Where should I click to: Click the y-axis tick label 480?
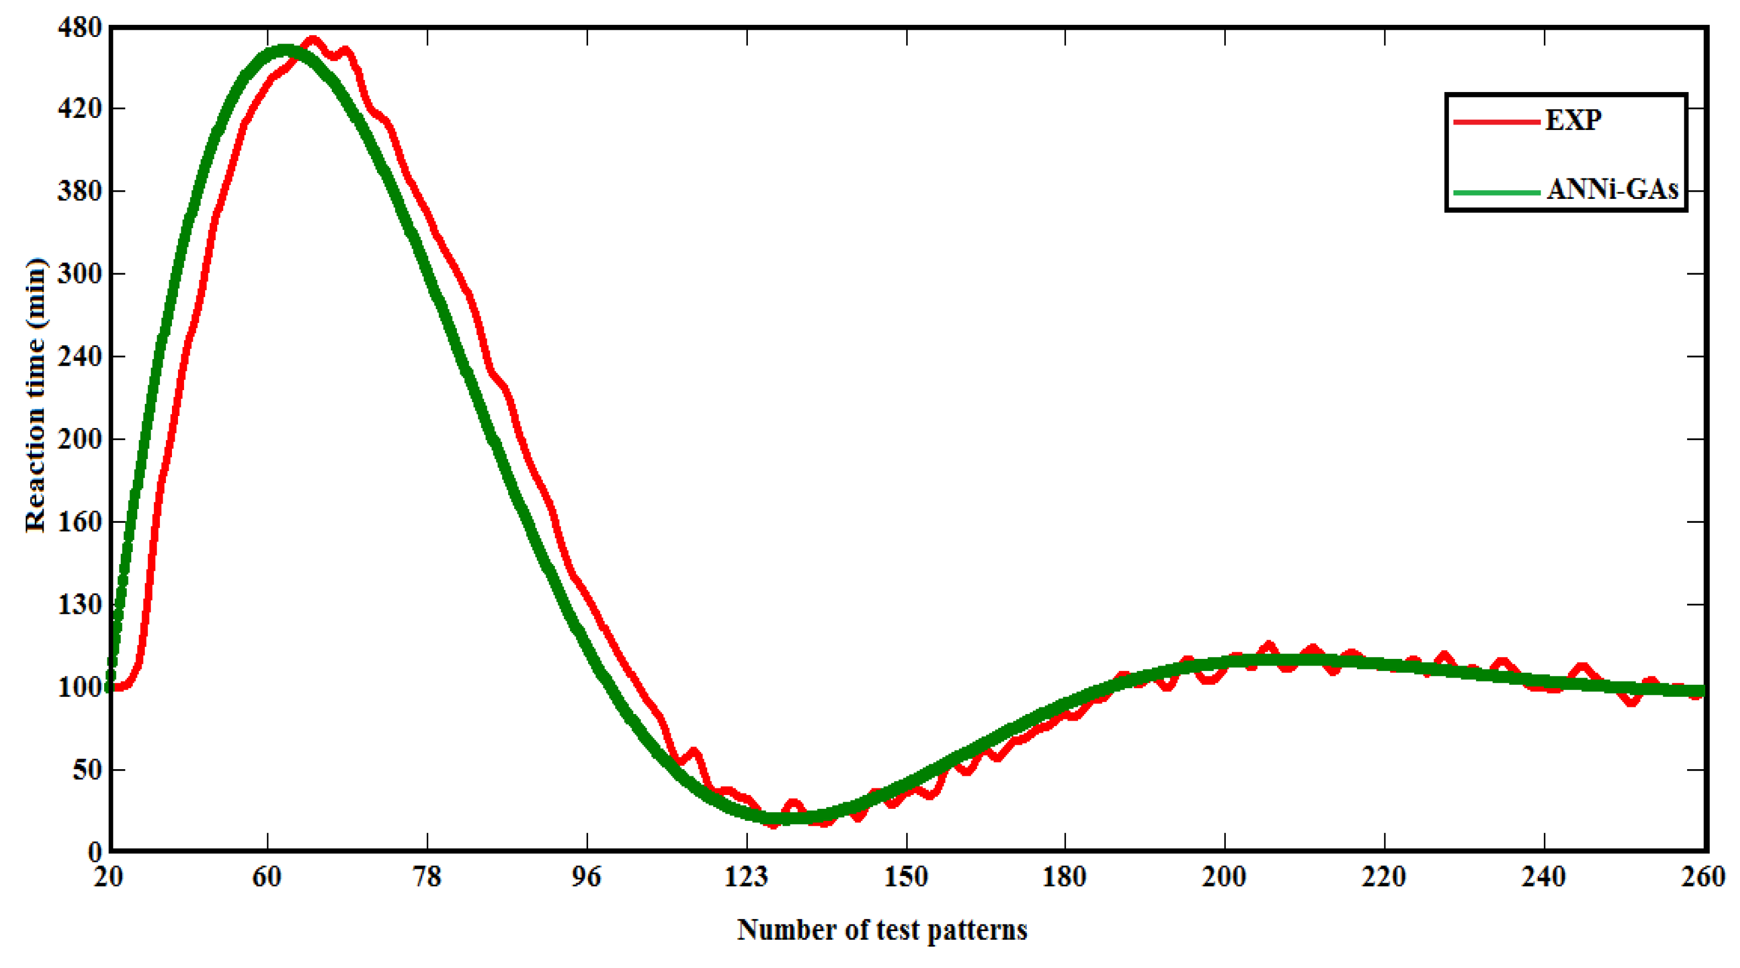click(x=80, y=28)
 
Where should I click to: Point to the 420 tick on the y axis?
click(x=80, y=108)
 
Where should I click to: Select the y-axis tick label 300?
click(x=80, y=274)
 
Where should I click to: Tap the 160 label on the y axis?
click(x=80, y=522)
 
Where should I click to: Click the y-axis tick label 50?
click(x=87, y=770)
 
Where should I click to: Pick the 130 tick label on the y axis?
click(x=80, y=605)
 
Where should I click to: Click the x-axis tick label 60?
click(x=267, y=877)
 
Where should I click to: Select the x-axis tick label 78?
click(x=427, y=877)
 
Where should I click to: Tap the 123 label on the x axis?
click(x=746, y=877)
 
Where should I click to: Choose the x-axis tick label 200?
click(x=1224, y=877)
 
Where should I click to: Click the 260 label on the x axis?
click(x=1705, y=877)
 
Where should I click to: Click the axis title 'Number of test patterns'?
click(x=882, y=930)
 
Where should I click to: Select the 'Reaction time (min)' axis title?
click(x=35, y=395)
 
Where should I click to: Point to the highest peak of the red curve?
click(x=313, y=39)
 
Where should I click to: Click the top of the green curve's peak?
click(x=284, y=48)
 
